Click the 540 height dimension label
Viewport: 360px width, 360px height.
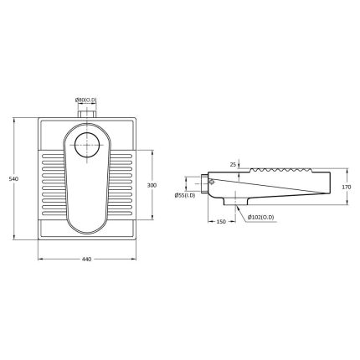13,179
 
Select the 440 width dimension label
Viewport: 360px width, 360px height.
87,260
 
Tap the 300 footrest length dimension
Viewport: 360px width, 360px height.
152,185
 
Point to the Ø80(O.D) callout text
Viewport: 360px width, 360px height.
85,100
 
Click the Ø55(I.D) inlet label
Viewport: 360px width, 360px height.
185,196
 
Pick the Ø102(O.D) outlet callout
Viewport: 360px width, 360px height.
261,217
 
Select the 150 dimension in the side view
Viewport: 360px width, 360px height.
221,222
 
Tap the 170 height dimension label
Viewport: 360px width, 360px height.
347,188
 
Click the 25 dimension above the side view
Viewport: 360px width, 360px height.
233,165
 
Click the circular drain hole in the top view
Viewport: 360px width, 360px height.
87,145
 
